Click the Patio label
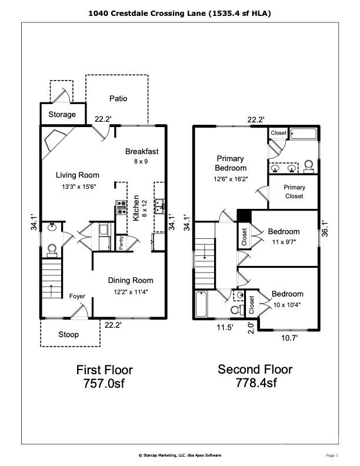pyautogui.click(x=118, y=98)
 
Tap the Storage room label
pyautogui.click(x=62, y=114)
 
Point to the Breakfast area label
pyautogui.click(x=142, y=151)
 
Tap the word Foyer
pyautogui.click(x=78, y=297)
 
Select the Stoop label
pyautogui.click(x=68, y=335)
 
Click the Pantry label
pyautogui.click(x=121, y=243)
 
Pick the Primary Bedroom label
pyautogui.click(x=231, y=163)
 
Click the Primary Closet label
pyautogui.click(x=294, y=192)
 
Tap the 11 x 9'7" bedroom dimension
pyautogui.click(x=284, y=241)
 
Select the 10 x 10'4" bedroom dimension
pyautogui.click(x=287, y=304)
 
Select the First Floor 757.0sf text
pyautogui.click(x=105, y=377)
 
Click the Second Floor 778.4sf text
pyautogui.click(x=255, y=376)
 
